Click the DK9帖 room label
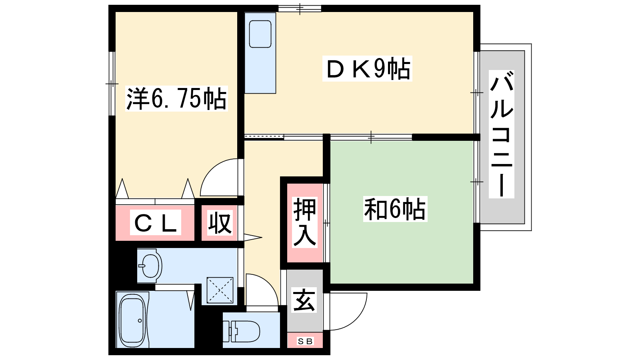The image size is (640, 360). (x=368, y=68)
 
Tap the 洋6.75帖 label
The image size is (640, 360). (x=176, y=98)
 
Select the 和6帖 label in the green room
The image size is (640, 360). (x=395, y=209)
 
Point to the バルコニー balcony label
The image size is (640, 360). (x=502, y=134)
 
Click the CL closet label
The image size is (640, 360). (x=156, y=222)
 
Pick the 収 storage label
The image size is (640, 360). (x=220, y=222)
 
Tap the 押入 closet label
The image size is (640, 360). (x=304, y=222)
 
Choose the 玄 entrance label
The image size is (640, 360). (x=304, y=300)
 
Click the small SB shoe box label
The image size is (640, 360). (x=305, y=341)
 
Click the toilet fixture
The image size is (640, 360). (x=241, y=332)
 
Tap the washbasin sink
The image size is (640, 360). (x=150, y=266)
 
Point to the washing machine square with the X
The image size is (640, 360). (x=220, y=290)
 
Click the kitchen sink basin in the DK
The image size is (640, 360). (x=260, y=34)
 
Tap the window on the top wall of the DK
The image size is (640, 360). (x=300, y=8)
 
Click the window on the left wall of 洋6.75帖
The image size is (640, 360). (x=112, y=84)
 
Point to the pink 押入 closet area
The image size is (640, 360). (x=304, y=223)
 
